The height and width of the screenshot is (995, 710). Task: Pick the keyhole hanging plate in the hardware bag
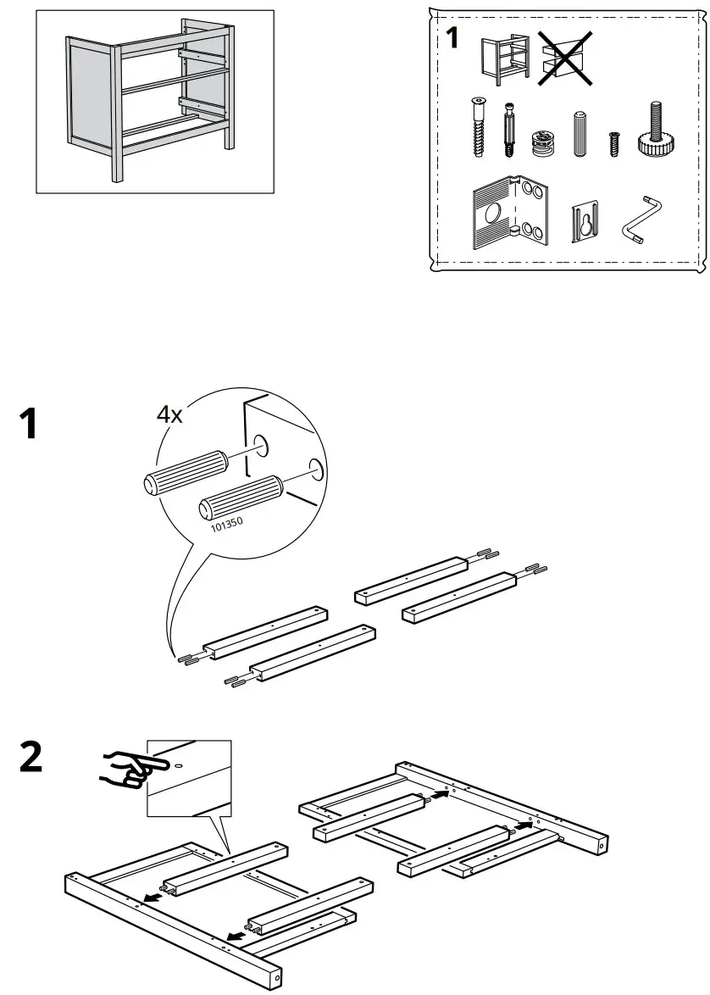[585, 222]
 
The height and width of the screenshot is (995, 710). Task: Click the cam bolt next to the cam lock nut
[509, 130]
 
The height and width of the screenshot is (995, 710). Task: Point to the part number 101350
[226, 523]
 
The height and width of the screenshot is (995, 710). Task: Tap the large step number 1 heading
[30, 424]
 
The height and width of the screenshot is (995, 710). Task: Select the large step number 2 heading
[31, 757]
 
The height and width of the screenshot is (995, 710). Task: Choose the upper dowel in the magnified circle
[186, 471]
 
